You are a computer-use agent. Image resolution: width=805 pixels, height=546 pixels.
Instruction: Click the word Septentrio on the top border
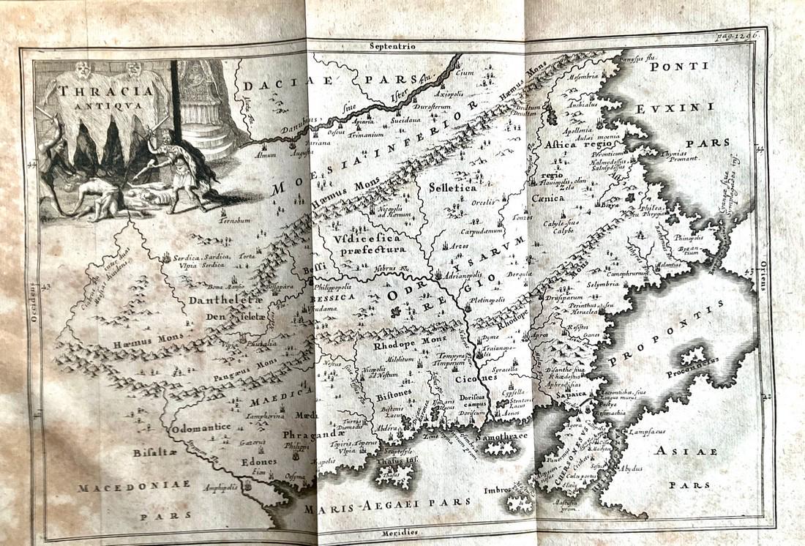pyautogui.click(x=392, y=46)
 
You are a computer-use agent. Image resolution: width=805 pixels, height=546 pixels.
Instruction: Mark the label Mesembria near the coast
pyautogui.click(x=583, y=75)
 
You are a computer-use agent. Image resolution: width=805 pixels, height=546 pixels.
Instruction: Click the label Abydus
pyautogui.click(x=631, y=467)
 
